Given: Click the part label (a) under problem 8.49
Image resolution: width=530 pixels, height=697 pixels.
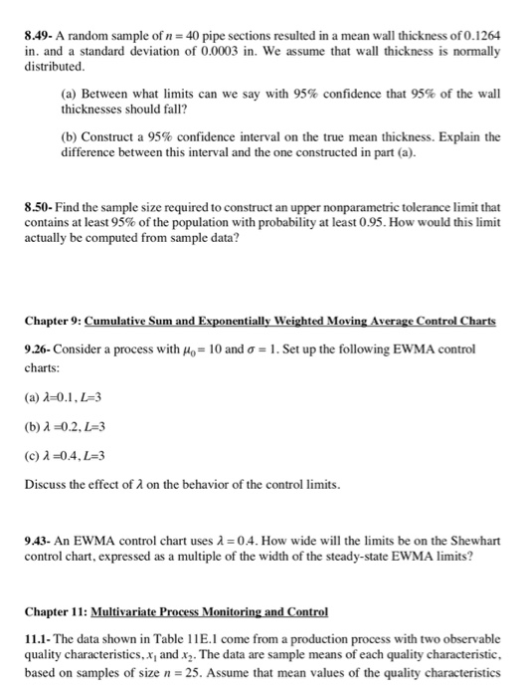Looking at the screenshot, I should click(70, 93).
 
